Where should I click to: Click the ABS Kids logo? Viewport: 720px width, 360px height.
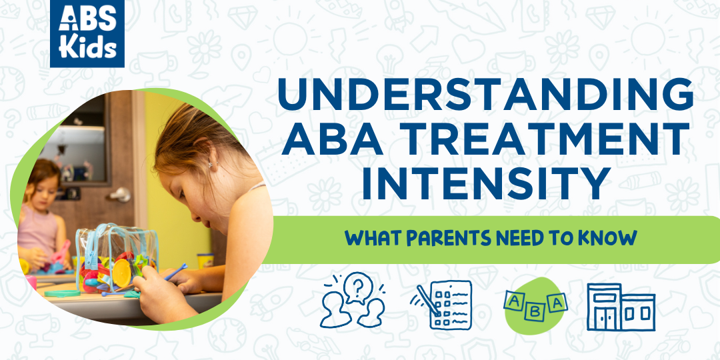[87, 33]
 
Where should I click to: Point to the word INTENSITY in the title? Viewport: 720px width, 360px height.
[486, 183]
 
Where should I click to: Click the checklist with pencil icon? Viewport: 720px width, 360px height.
[441, 304]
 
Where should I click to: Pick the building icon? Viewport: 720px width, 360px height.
[621, 307]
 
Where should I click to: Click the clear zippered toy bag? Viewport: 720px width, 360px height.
[117, 259]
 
